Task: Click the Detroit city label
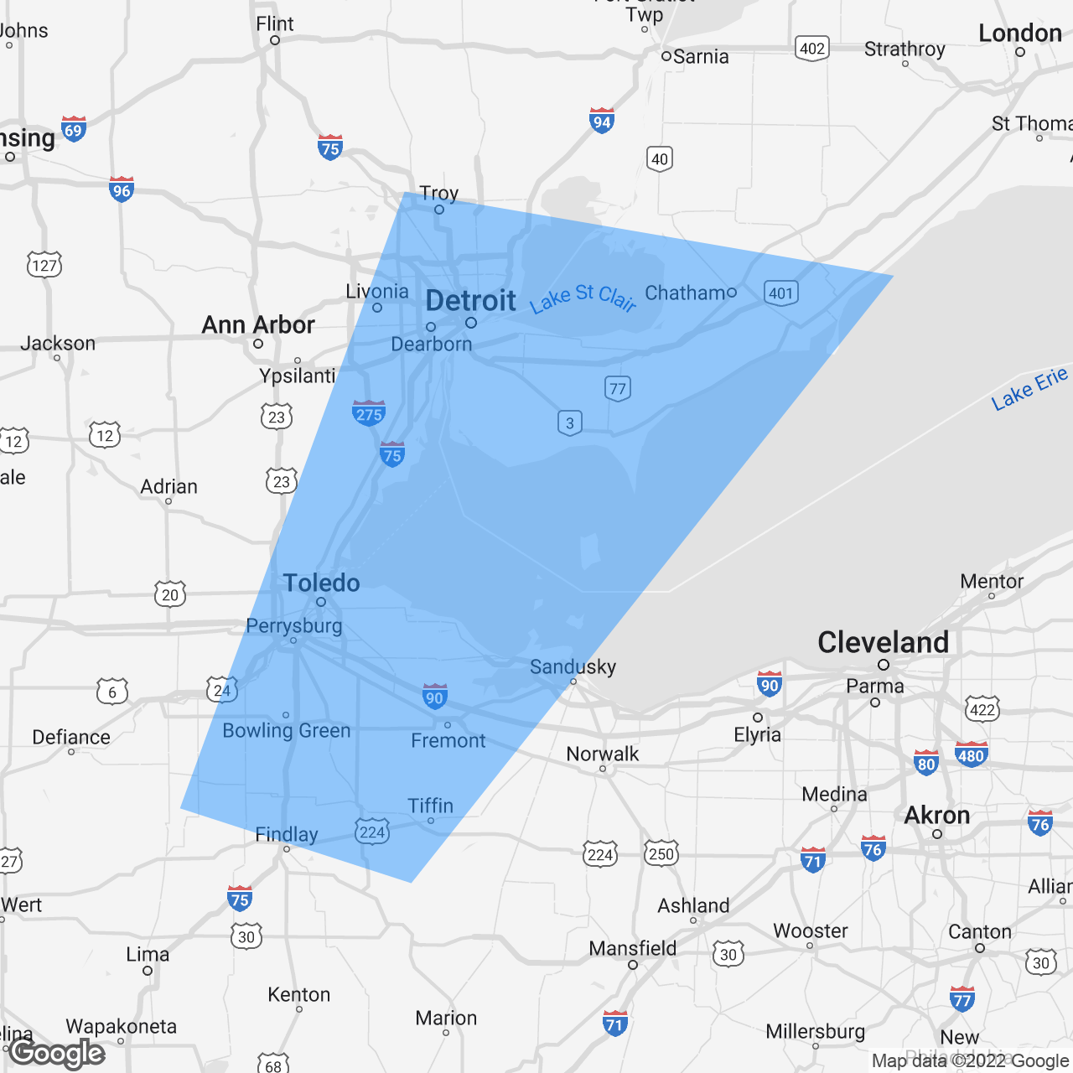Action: coord(470,301)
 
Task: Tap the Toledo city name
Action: coord(321,583)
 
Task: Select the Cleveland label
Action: coord(883,643)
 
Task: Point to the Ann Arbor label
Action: coord(258,325)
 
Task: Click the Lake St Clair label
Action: coord(583,298)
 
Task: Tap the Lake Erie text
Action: coord(1029,388)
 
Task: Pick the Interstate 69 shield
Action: coord(74,129)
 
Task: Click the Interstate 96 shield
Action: coord(122,189)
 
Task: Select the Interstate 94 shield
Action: coord(602,121)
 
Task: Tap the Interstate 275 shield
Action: coord(369,412)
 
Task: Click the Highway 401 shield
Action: coord(781,293)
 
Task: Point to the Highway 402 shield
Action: coord(811,48)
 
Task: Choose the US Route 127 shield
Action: coord(44,265)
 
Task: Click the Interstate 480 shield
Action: coord(971,754)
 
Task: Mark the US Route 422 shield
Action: coord(982,708)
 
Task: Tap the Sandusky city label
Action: coord(573,667)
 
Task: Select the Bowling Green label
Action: coord(287,731)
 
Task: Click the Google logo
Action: coord(57,1053)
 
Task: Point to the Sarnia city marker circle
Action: coord(666,56)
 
